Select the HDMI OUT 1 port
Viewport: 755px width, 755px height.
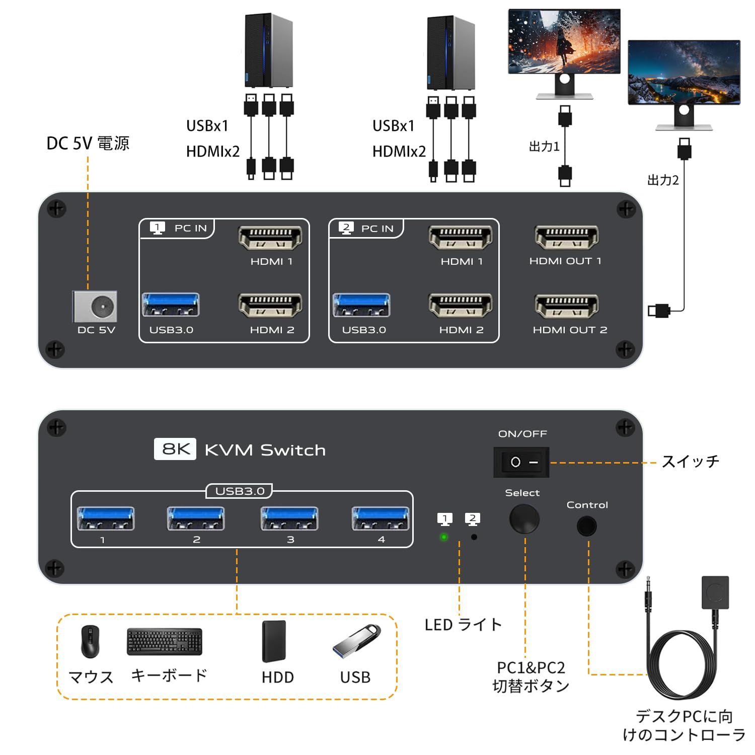(566, 238)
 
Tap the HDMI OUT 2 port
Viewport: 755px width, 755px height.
(566, 306)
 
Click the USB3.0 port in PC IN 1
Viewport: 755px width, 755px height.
(171, 305)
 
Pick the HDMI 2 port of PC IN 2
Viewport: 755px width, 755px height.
(460, 306)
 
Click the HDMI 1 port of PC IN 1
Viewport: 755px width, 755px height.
(270, 238)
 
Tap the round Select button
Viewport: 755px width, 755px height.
(524, 519)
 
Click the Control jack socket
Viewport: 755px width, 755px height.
(586, 526)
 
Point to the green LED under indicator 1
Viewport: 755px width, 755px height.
(444, 537)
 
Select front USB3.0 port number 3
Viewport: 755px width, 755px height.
(289, 518)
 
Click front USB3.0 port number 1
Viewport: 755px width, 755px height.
(105, 518)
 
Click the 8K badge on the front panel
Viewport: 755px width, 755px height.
(175, 449)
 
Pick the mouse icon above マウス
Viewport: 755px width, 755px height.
(90, 642)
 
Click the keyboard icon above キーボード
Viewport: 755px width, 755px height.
(165, 641)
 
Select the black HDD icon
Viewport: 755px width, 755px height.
(274, 641)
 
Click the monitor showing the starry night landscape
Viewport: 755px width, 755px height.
(684, 72)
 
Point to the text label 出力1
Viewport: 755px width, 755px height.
(544, 146)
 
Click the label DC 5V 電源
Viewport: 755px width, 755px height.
(88, 143)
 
